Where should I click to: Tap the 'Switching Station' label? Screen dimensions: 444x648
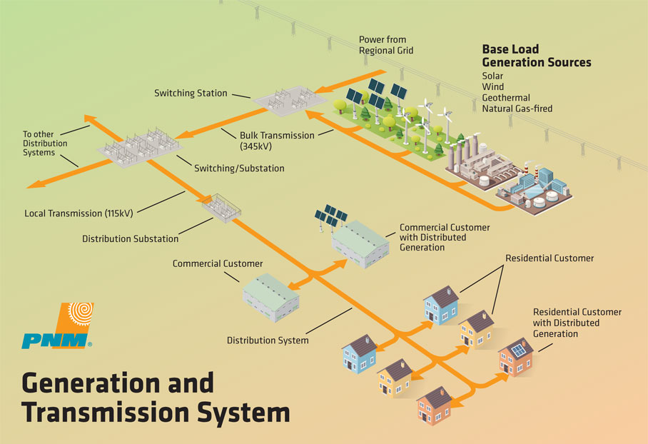point(191,93)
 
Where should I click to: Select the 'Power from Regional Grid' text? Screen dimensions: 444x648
point(385,45)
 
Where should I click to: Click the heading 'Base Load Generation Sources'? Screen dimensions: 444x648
point(537,56)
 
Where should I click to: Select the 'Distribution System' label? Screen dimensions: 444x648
point(268,340)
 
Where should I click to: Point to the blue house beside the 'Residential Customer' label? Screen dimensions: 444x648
point(441,305)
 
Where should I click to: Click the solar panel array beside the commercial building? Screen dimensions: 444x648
point(330,216)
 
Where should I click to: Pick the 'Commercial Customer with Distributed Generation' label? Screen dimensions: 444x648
point(444,237)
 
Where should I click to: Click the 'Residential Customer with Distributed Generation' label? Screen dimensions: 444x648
point(577,323)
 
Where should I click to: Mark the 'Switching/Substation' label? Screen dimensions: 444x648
point(239,168)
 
